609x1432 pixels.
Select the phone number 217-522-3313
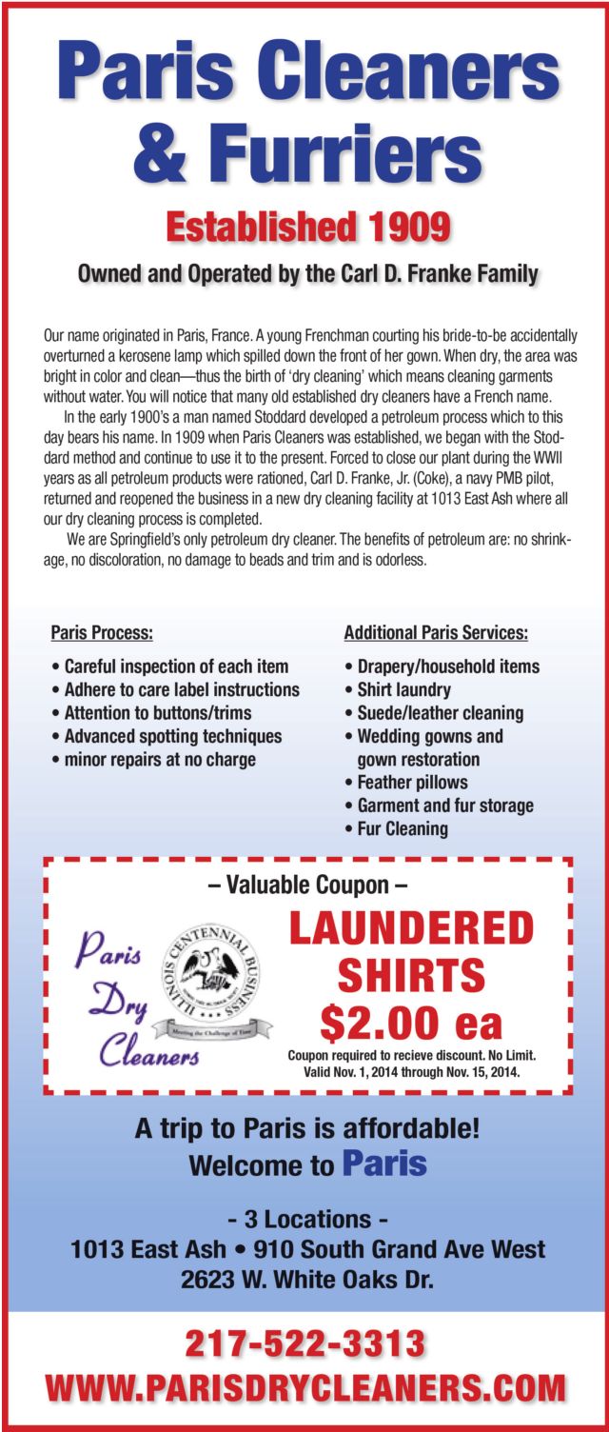[304, 1343]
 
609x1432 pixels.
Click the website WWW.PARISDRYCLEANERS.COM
[304, 1387]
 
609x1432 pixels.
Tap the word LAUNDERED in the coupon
[411, 928]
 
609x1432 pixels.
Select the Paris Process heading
[101, 633]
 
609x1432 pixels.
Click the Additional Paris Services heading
[435, 633]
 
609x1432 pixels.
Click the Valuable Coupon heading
[307, 885]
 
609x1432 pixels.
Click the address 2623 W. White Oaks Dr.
[306, 1280]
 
